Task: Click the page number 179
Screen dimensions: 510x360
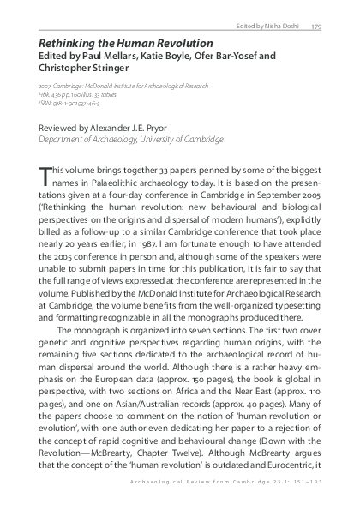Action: click(316, 26)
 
